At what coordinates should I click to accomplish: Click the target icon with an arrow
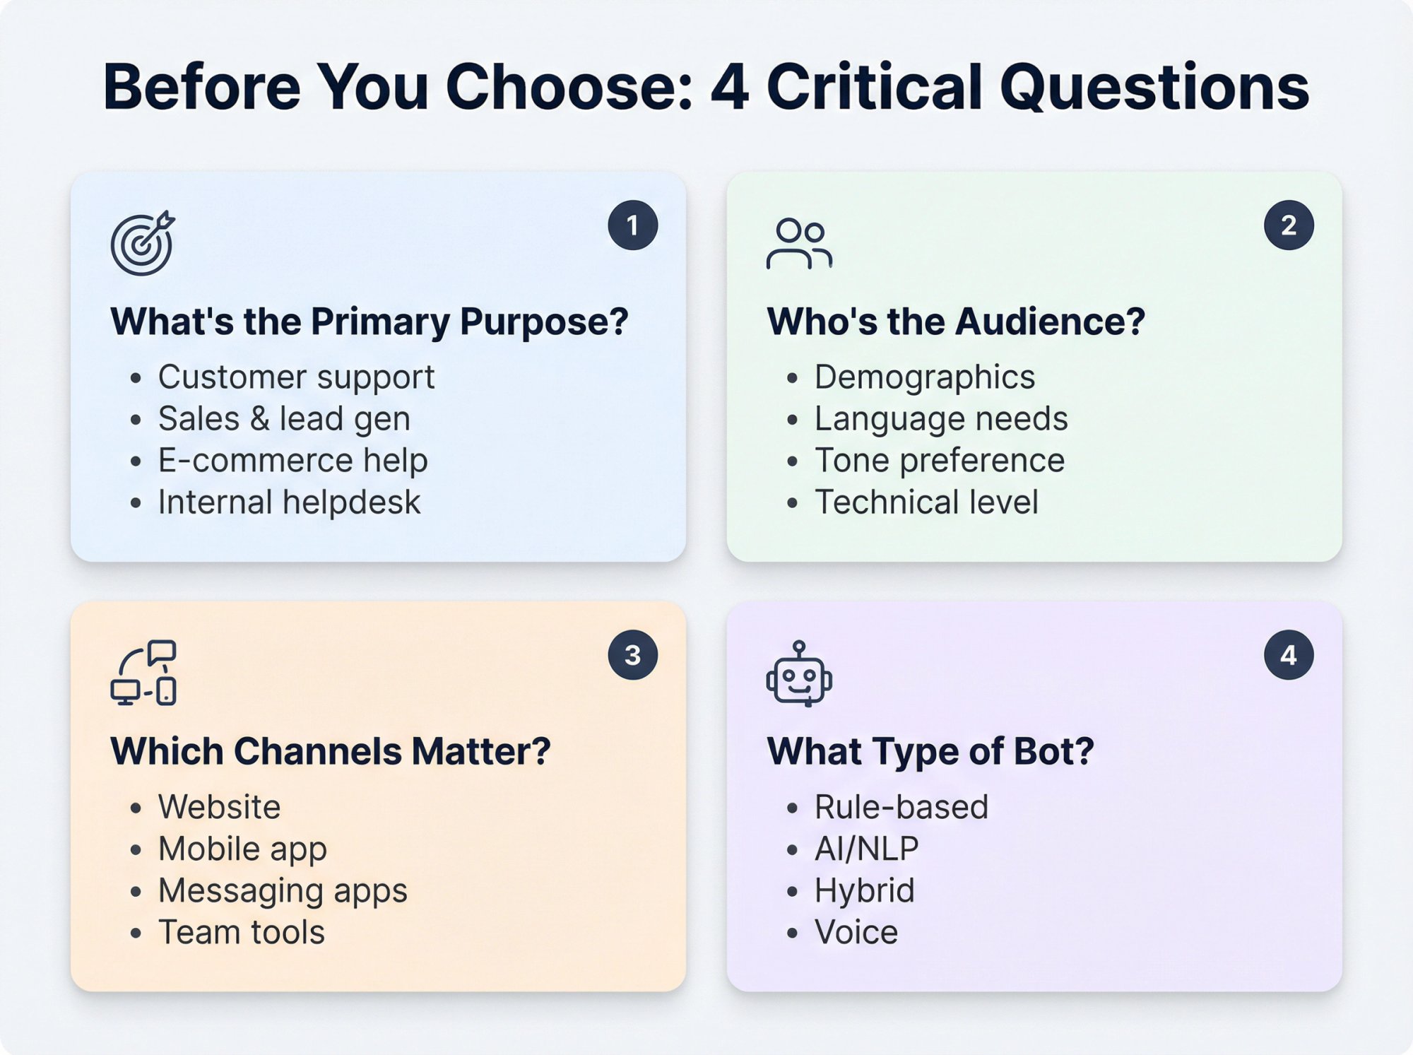click(142, 243)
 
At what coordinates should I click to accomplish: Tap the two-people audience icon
click(799, 244)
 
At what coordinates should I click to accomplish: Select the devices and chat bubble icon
click(143, 673)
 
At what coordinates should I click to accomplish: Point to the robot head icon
click(799, 674)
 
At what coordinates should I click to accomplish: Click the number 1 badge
click(632, 225)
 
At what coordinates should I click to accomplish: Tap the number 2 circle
click(1289, 225)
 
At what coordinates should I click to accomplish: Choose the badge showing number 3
click(632, 655)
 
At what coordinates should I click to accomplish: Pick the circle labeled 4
click(1289, 655)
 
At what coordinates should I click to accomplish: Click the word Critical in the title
click(874, 87)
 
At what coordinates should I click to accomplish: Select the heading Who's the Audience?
click(955, 322)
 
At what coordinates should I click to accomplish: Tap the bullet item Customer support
click(296, 377)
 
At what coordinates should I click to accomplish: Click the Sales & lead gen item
click(284, 418)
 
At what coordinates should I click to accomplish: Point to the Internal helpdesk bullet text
click(289, 502)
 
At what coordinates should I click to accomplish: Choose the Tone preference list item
click(939, 461)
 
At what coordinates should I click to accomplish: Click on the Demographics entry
click(924, 377)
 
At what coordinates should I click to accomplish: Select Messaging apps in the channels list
click(283, 890)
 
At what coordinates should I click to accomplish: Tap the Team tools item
click(241, 932)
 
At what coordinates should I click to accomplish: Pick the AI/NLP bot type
click(866, 849)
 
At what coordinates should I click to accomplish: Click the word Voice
click(856, 932)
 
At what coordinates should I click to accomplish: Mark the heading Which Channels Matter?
click(330, 751)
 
